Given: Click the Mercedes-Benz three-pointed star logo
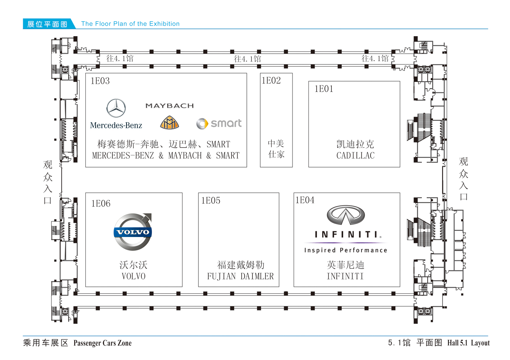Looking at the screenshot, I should click(116, 108).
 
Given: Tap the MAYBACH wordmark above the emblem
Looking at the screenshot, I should click(169, 106).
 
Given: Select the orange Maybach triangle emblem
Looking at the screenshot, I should click(169, 123).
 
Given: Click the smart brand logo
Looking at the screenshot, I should click(219, 123).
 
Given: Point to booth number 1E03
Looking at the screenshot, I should click(100, 81).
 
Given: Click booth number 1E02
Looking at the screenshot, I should click(271, 80).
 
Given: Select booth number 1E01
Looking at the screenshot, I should click(324, 89).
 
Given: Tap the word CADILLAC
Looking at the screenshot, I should click(355, 155).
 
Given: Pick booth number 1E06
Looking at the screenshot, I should click(101, 203).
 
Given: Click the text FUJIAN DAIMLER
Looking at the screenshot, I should click(240, 276).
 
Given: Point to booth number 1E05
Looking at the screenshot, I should click(211, 200).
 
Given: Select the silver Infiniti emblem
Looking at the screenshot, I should click(346, 215).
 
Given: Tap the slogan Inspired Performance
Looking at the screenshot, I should click(345, 250).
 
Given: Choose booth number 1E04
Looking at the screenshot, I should click(305, 200).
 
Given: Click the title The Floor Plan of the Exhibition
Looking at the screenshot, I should click(130, 24).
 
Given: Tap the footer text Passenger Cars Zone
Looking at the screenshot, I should click(102, 343).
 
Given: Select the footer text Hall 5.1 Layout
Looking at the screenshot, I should click(468, 343).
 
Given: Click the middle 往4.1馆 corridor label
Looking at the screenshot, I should click(248, 59).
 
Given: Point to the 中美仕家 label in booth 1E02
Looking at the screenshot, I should click(276, 149).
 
